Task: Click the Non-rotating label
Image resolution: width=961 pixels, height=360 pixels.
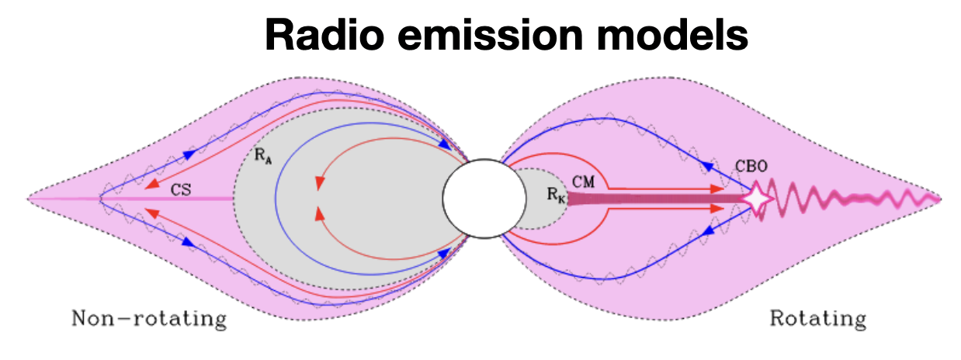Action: pos(149,319)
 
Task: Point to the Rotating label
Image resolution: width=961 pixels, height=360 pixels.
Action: pos(817,319)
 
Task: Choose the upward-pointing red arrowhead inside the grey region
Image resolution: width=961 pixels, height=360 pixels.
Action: pos(319,213)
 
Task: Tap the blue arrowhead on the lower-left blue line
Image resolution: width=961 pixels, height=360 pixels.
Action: pos(189,243)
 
